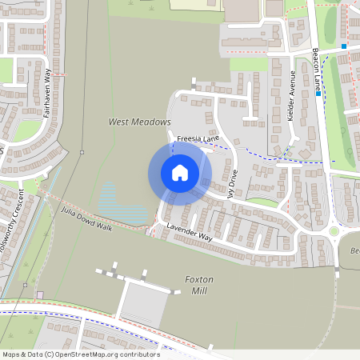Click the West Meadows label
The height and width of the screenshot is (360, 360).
point(140,122)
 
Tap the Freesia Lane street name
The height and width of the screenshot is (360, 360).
point(198,138)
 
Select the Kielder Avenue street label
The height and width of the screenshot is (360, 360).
point(293,95)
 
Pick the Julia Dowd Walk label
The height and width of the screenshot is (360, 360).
point(86,218)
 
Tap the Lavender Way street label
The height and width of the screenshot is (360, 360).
point(189,233)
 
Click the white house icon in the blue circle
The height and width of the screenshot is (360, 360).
point(180,172)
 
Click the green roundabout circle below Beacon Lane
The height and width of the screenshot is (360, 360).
point(334,231)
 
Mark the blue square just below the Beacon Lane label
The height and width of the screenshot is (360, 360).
point(318,94)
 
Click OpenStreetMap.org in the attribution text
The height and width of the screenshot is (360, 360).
point(87,354)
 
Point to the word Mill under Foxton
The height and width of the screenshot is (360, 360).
point(198,292)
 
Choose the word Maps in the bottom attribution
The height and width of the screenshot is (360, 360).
point(12,354)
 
